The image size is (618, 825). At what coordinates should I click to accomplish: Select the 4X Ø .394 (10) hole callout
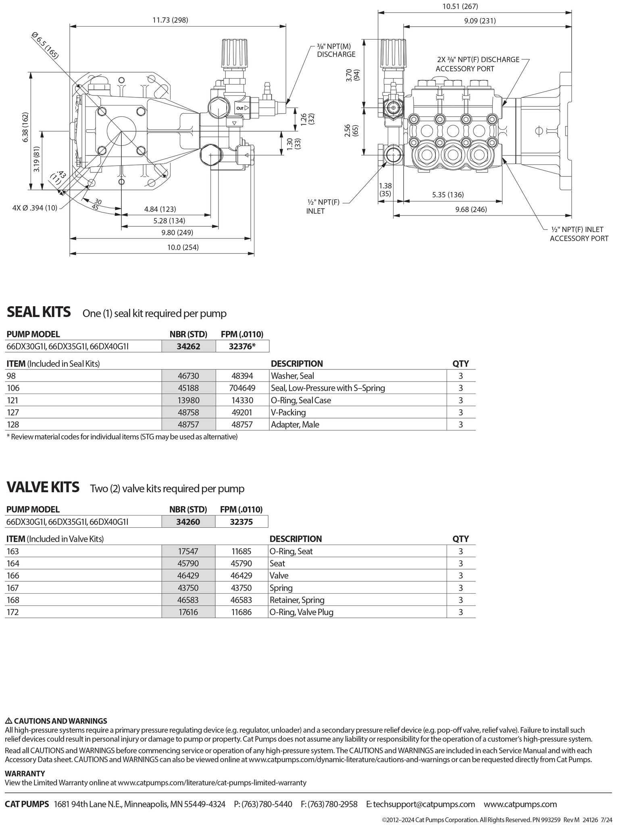point(35,207)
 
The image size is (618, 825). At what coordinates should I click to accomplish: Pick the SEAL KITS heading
point(39,312)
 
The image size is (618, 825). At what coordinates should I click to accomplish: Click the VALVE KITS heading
point(43,487)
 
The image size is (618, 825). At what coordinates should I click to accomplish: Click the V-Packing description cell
point(288,412)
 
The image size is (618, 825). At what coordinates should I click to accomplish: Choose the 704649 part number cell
point(242,388)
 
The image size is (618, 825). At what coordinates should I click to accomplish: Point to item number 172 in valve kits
point(12,612)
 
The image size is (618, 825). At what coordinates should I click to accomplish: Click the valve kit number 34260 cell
point(188,522)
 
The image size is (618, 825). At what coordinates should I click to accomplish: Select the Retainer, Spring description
point(297,600)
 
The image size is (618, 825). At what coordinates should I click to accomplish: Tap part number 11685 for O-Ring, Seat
point(241,551)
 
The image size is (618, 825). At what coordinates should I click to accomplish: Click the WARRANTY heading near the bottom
point(25,773)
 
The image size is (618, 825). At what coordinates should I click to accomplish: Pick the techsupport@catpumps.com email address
point(420,804)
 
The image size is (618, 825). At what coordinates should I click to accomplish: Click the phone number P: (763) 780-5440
point(263,804)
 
